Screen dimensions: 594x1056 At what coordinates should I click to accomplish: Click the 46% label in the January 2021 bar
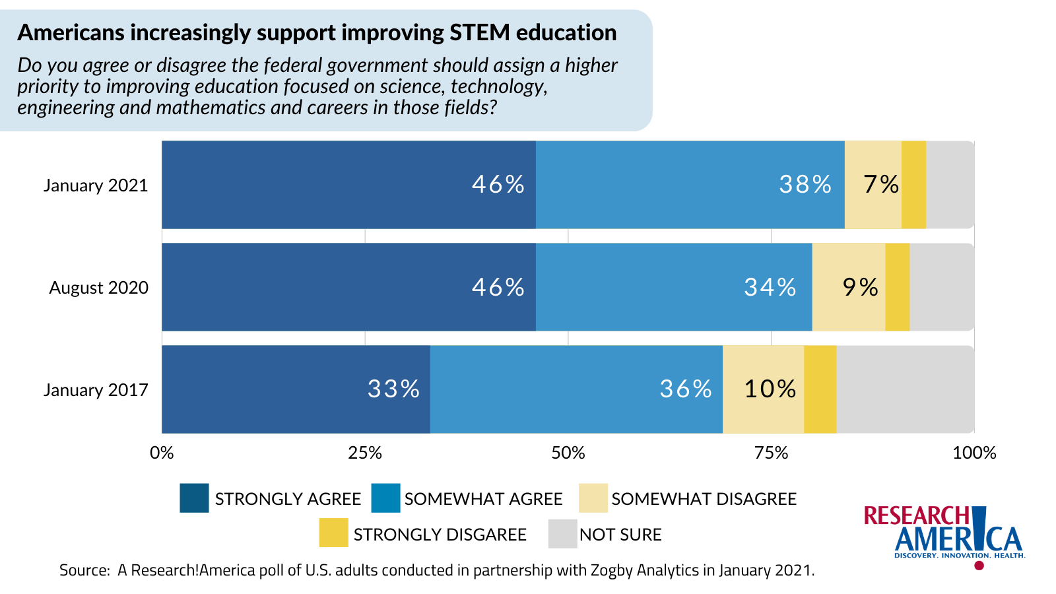point(498,184)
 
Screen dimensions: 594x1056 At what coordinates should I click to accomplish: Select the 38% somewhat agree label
point(805,184)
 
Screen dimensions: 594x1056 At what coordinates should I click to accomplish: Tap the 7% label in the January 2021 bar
point(881,184)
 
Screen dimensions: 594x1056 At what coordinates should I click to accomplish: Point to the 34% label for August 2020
point(770,287)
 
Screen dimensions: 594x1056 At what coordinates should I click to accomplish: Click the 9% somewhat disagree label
point(860,287)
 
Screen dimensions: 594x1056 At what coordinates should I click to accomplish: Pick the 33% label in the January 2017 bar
point(393,389)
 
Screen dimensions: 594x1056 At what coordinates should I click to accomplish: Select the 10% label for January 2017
point(770,389)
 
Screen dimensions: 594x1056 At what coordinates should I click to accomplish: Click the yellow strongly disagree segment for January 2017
point(820,389)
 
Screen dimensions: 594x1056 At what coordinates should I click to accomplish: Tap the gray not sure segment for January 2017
point(905,389)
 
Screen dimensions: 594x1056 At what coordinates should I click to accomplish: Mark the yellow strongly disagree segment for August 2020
point(897,287)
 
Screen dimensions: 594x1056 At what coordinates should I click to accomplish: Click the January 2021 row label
point(96,185)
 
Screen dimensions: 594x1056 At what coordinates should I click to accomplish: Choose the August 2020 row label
point(99,288)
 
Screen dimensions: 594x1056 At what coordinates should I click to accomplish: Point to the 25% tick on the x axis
point(365,453)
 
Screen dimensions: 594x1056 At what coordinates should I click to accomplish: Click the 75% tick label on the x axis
point(771,453)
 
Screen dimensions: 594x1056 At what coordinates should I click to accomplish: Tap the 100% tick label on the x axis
point(974,453)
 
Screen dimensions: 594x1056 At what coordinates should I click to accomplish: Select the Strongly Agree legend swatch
point(194,498)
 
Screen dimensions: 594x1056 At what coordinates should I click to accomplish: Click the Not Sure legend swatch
point(562,534)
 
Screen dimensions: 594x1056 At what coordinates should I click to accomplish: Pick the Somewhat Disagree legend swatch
point(593,498)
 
